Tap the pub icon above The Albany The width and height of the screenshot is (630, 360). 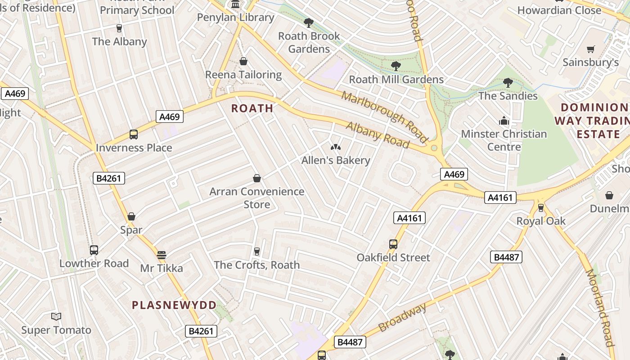click(x=119, y=28)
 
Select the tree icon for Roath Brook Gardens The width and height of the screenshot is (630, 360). click(x=308, y=23)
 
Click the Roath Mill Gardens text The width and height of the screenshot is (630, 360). click(x=396, y=80)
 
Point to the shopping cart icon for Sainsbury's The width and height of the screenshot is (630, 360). click(x=591, y=49)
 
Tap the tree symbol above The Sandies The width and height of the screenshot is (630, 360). click(x=508, y=83)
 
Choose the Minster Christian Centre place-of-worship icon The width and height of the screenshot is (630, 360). click(x=504, y=121)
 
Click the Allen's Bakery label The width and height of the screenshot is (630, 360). click(x=336, y=160)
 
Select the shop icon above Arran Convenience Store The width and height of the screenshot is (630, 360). click(x=257, y=179)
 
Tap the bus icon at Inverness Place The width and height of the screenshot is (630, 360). click(x=134, y=135)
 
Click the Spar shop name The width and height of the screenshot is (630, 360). click(x=131, y=230)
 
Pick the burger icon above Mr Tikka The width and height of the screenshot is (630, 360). click(x=162, y=255)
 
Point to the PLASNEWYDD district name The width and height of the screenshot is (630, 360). click(x=174, y=305)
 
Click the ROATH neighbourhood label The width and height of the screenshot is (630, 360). click(x=252, y=108)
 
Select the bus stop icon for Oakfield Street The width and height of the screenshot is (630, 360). click(x=393, y=244)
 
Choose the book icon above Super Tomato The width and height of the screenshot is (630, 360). click(x=56, y=317)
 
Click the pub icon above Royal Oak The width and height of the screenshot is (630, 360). click(x=541, y=208)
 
